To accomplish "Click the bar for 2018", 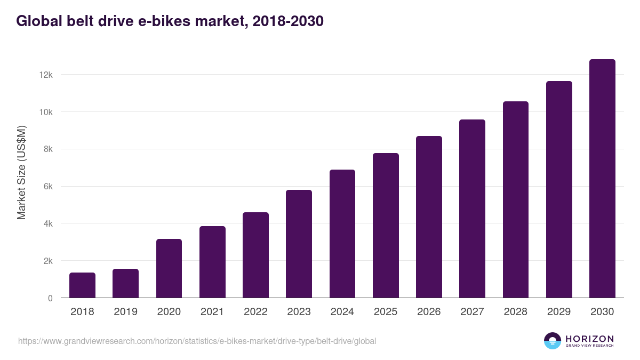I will pos(82,285).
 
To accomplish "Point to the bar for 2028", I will pos(516,199).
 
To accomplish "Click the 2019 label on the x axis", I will pos(125,312).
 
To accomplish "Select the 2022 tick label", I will pos(255,312).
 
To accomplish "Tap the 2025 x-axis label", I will pos(386,312).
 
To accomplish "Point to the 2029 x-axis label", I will pos(559,312).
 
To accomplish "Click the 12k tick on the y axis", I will pos(46,75).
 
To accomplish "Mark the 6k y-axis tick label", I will pos(47,187).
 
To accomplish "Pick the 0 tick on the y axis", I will pos(50,299).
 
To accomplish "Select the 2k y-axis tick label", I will pos(47,261).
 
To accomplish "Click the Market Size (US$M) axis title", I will pos(21,172).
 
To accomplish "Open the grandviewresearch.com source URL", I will pos(197,341).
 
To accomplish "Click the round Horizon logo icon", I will pos(553,341).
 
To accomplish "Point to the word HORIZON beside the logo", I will pos(590,339).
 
